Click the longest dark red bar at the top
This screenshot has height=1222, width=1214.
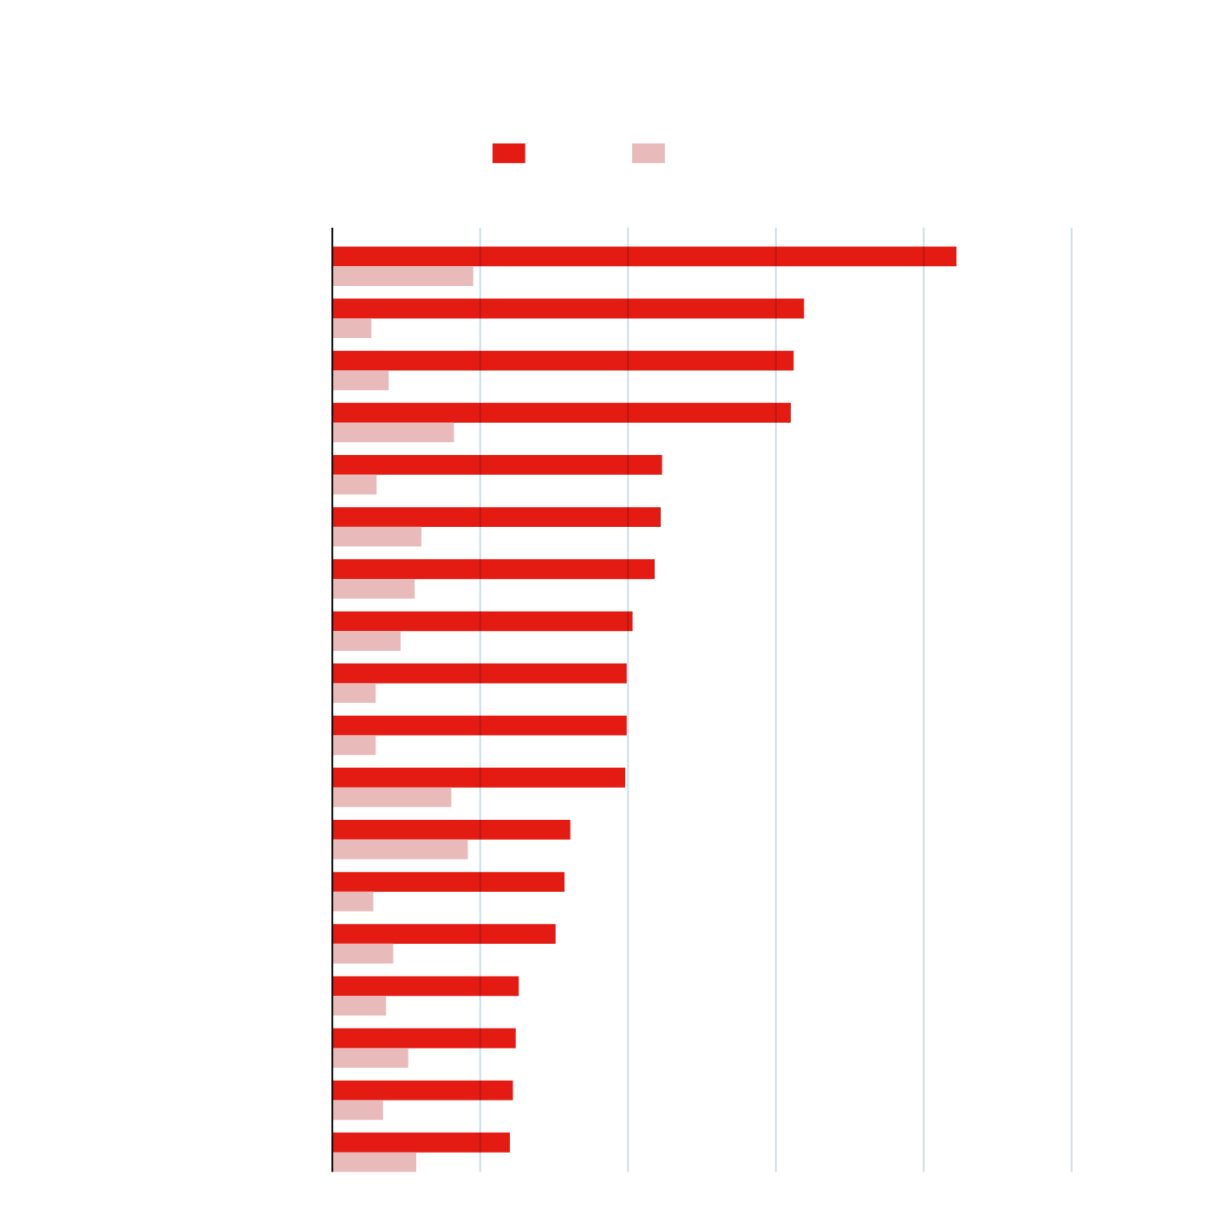643,257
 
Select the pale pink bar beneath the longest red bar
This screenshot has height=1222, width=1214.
402,276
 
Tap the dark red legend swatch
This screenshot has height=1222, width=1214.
508,153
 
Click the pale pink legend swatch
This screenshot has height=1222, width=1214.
648,153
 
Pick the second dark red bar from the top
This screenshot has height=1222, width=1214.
567,309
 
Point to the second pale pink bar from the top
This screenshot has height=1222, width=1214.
352,328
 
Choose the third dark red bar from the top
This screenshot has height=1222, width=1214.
562,361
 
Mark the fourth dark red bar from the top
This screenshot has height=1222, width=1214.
561,413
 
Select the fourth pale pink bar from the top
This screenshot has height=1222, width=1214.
393,432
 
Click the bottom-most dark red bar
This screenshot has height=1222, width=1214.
421,1142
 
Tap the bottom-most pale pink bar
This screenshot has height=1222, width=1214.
374,1162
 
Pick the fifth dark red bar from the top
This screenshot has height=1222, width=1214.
497,465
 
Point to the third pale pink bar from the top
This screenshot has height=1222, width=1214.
361,380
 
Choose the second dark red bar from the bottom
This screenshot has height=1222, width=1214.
422,1090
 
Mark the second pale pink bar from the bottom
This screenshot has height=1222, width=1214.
357,1110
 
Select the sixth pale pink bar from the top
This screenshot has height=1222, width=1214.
376,537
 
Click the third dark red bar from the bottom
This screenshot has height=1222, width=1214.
424,1038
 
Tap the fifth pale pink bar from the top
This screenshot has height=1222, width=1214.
354,484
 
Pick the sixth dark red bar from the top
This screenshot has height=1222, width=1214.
496,517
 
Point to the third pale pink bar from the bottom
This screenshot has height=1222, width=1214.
370,1058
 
